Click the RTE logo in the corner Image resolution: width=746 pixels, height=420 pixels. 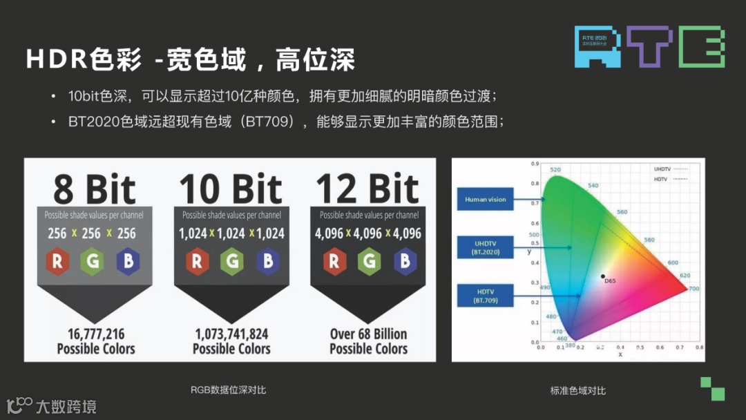pos(649,46)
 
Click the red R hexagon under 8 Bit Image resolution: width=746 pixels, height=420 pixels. pos(57,261)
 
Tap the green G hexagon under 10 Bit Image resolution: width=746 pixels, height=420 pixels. pos(232,261)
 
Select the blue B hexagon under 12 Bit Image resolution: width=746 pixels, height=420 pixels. pos(404,261)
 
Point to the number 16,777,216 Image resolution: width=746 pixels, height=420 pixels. pos(96,334)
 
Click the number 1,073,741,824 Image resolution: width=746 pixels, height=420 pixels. pos(232,334)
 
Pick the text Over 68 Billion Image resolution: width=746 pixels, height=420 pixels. pos(368,334)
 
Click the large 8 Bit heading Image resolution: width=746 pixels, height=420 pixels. pos(95,189)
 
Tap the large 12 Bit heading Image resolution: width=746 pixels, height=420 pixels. pos(368,189)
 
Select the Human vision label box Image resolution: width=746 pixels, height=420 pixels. pos(486,200)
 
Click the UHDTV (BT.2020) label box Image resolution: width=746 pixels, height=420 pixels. pos(486,247)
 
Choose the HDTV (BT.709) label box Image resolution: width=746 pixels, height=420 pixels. pos(486,296)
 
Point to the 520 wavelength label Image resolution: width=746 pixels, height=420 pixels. pos(555,169)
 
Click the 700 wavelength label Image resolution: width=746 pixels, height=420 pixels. pos(694,288)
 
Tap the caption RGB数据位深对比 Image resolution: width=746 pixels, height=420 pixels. pos(229,390)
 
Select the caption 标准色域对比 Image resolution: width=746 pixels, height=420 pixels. pos(578,390)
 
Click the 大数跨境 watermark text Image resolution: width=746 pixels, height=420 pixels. pos(66,406)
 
